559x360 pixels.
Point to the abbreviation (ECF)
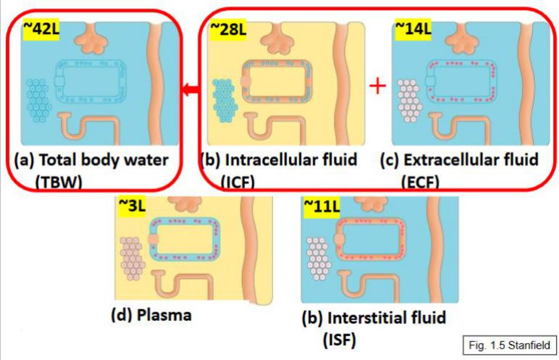[425, 182]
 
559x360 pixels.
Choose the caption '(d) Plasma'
[151, 315]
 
